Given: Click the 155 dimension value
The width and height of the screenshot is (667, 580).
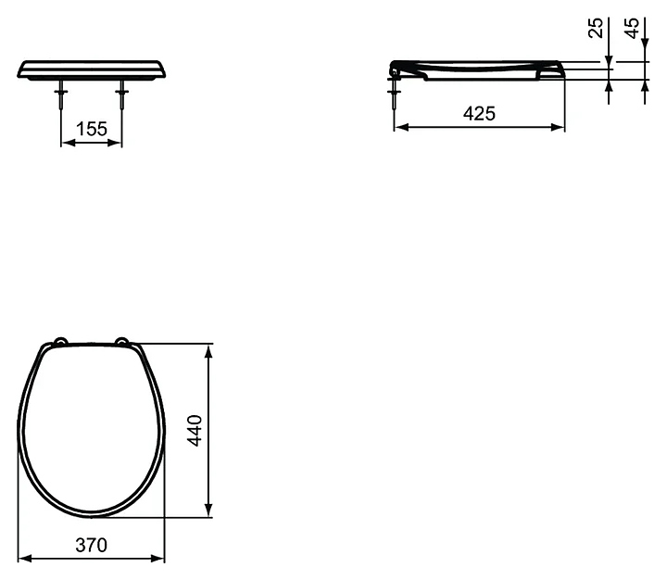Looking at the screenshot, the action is (92, 129).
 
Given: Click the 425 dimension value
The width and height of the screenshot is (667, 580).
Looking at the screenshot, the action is (480, 114).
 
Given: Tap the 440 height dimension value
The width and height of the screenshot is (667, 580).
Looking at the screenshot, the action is (195, 430).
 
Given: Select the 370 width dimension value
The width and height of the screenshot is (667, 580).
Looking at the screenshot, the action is (92, 545).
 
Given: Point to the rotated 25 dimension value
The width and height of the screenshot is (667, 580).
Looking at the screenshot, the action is (597, 28).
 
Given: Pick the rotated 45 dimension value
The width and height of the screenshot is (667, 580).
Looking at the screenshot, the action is (633, 28).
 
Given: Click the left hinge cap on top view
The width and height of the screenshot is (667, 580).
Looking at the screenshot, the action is (60, 340).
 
